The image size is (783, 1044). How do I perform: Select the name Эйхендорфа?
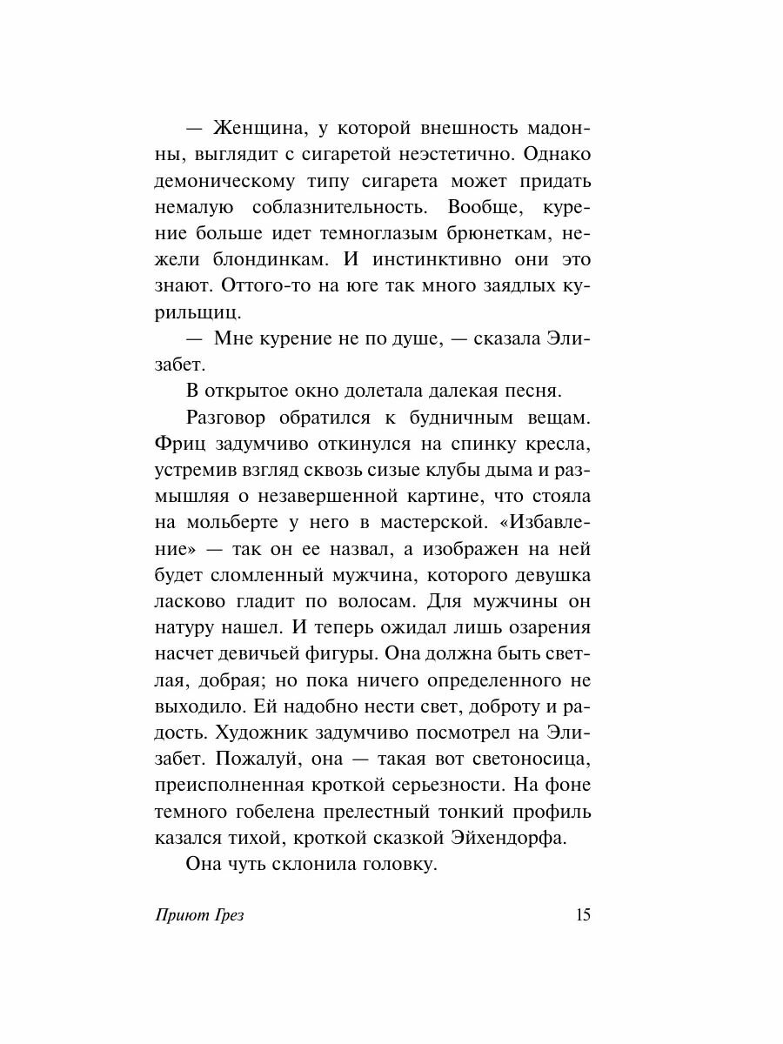[x=492, y=836]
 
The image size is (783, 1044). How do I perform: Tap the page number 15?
[x=582, y=914]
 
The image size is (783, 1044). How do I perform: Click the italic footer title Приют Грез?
[x=197, y=916]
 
